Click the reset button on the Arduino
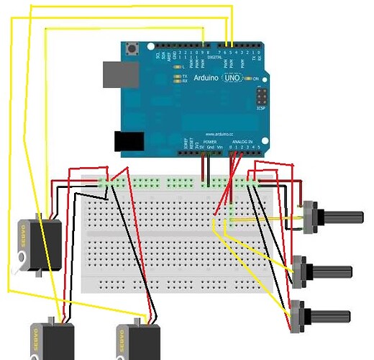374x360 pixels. pos(132,50)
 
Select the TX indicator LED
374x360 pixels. pos(177,75)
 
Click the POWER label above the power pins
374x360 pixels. pos(210,142)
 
